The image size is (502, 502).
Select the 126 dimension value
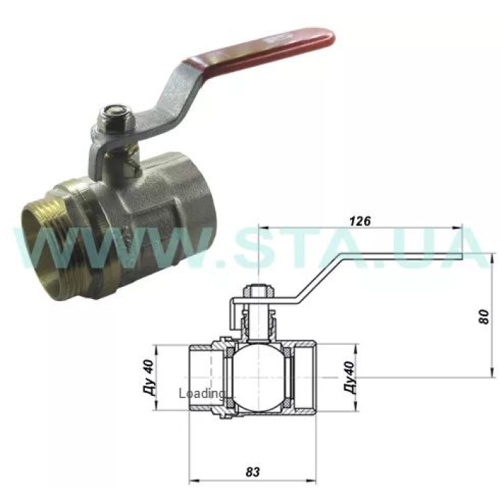360,221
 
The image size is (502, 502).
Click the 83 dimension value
252,472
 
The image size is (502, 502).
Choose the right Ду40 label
350,377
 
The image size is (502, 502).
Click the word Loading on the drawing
202,393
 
